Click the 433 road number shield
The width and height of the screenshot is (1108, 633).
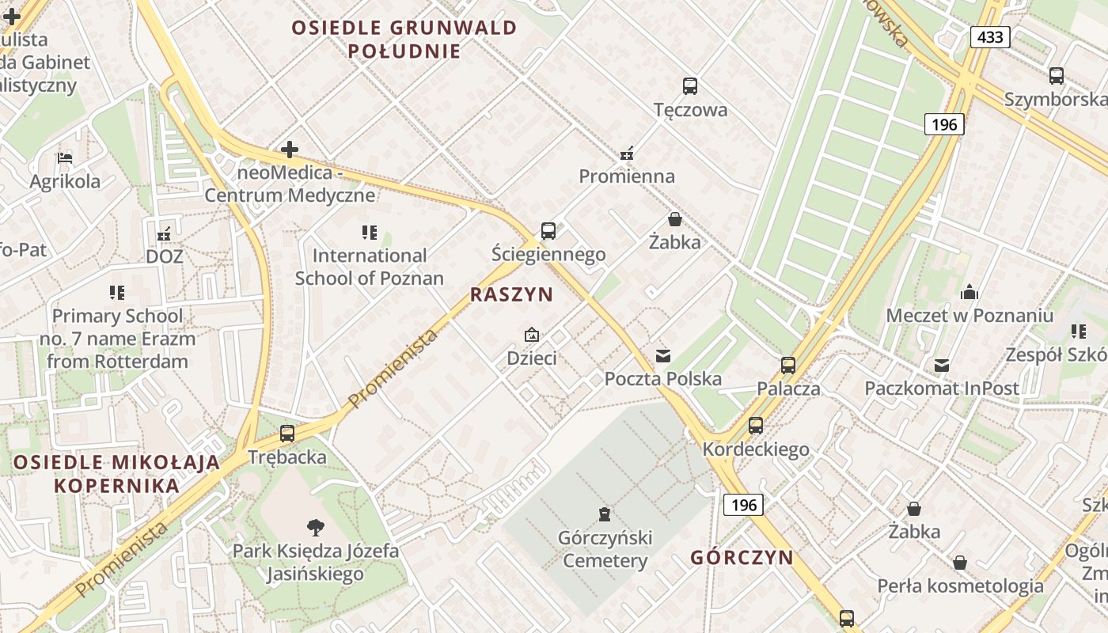coord(990,36)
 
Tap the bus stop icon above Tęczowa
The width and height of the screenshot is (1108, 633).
coord(690,86)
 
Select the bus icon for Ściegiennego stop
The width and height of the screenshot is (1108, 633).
coord(548,231)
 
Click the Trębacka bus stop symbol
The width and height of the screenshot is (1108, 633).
coord(287,434)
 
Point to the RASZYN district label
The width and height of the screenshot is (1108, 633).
coord(511,295)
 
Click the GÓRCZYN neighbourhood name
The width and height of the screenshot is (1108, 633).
coord(742,557)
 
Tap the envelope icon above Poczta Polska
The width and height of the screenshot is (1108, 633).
coord(663,356)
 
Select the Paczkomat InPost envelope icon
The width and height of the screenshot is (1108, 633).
coord(942,366)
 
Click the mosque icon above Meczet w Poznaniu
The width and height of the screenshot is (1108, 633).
coord(970,293)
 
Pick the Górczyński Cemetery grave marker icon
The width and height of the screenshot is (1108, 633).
coord(605,514)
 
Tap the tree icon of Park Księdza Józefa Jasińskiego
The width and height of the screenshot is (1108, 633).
coord(315,527)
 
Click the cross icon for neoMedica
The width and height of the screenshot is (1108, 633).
coord(290,149)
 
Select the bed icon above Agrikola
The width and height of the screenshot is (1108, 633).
coord(65,158)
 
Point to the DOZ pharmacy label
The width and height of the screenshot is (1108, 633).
coord(165,256)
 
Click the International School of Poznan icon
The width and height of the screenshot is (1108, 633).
coord(370,232)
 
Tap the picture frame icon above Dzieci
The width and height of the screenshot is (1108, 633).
coord(532,335)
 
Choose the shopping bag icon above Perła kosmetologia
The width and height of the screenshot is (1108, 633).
coord(960,563)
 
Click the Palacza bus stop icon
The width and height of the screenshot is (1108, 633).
coord(788,366)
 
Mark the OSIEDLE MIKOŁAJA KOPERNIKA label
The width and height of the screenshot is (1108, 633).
coord(116,474)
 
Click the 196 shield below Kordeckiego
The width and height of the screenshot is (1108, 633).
coord(744,505)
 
